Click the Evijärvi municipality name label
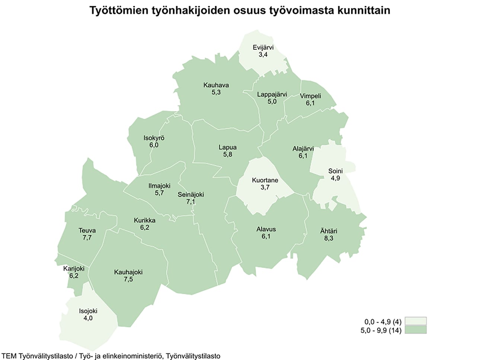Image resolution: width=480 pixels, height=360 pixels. (263, 48)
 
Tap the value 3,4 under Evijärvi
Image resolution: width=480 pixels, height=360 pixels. (263, 55)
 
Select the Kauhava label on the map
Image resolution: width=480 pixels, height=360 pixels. (216, 85)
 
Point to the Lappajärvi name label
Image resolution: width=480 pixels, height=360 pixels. (272, 94)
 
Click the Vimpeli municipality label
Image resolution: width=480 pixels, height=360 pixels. (310, 96)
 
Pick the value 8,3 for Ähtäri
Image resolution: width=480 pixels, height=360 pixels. (329, 238)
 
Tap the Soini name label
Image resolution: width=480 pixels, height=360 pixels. (335, 171)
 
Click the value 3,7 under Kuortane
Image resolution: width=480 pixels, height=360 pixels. (265, 187)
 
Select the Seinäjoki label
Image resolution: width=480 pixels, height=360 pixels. (191, 195)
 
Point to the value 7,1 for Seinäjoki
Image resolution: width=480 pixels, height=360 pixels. (191, 202)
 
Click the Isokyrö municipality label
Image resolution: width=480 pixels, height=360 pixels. (154, 138)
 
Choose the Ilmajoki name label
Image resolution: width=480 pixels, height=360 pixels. (159, 186)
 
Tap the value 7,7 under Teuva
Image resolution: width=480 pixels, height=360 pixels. (87, 238)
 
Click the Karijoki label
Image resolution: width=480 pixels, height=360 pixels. (74, 269)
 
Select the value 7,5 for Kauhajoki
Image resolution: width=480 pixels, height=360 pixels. (128, 279)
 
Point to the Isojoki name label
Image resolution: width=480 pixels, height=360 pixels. (88, 311)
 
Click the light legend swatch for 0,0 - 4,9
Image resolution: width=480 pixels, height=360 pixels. (416, 321)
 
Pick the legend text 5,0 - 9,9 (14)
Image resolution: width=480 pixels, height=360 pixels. (381, 330)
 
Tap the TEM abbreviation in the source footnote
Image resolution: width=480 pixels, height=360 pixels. (9, 356)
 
